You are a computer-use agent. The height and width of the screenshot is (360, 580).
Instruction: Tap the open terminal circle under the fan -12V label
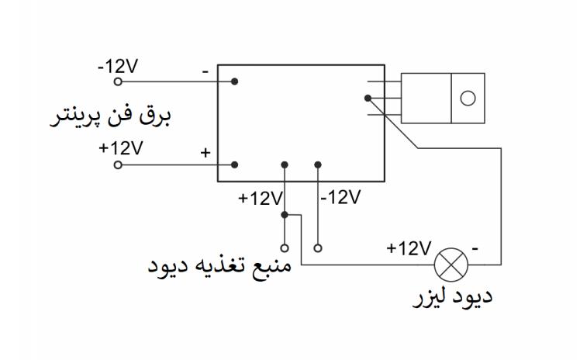tap(118, 81)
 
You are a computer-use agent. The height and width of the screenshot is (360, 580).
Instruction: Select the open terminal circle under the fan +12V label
tap(118, 164)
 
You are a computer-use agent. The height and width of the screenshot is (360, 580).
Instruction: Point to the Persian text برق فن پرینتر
tap(113, 117)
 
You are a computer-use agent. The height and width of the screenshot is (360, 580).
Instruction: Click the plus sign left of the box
tap(205, 153)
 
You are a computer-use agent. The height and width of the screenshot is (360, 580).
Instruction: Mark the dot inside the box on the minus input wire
tap(234, 81)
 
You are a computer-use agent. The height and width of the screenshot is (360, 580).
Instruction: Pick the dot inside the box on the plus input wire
tap(234, 164)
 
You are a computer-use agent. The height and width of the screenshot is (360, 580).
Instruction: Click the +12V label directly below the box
tap(261, 198)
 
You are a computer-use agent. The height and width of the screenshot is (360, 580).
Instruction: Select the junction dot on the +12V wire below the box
tap(285, 214)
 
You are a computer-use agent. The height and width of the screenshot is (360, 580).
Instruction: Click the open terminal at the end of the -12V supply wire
tap(318, 248)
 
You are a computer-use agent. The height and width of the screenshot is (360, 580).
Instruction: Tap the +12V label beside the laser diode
tap(409, 248)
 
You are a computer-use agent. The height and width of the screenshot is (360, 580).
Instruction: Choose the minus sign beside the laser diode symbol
tap(475, 248)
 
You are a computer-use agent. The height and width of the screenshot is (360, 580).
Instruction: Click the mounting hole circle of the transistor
tap(468, 98)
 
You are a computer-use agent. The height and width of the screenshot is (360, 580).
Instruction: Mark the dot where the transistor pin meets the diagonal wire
tap(367, 98)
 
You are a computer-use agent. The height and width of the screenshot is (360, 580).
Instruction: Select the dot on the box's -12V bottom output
tap(318, 164)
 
